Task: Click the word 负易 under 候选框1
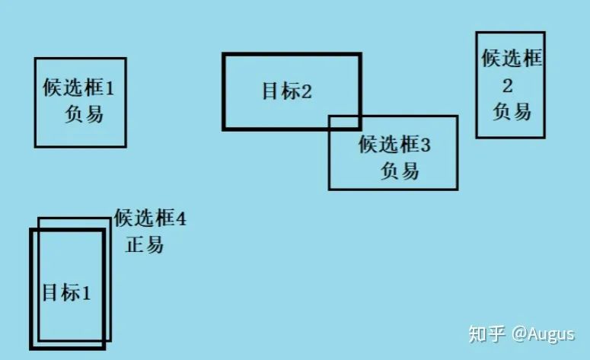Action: tap(84, 115)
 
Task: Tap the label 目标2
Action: tap(287, 92)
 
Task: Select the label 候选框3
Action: tap(394, 144)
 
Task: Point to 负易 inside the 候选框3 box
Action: tap(400, 170)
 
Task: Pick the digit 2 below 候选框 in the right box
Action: tap(509, 84)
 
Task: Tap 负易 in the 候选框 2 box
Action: tap(511, 111)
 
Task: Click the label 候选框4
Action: tap(150, 219)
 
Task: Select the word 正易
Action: tap(144, 245)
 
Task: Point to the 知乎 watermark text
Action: tap(487, 334)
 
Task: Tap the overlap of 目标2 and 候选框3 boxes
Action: tap(344, 123)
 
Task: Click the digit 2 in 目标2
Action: tap(307, 92)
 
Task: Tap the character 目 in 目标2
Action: tap(269, 92)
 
